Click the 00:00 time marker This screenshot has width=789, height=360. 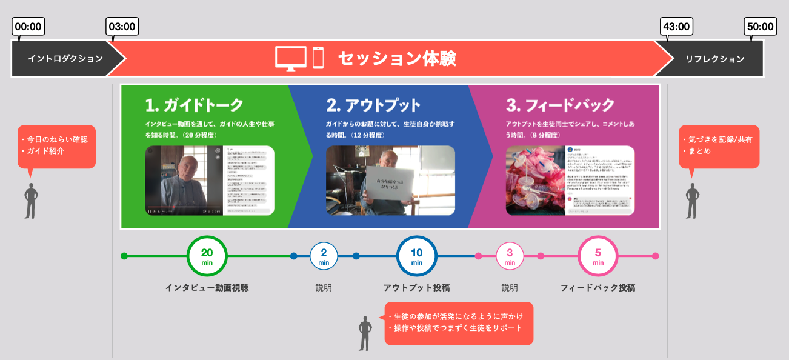(28, 27)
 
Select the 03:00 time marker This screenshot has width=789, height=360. (122, 27)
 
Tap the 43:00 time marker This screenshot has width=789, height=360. (676, 27)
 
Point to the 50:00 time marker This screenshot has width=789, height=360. (760, 27)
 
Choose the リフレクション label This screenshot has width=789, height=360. (715, 59)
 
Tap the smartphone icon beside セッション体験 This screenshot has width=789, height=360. (318, 58)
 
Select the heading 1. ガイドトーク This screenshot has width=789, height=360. (194, 105)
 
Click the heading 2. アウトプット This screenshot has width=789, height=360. (373, 105)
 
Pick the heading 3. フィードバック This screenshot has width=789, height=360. (561, 105)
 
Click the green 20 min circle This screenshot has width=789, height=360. (207, 256)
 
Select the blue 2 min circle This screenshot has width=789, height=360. (324, 256)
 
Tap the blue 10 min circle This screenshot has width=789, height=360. (417, 256)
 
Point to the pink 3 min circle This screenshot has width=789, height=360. (510, 256)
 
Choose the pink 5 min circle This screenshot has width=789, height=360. (598, 256)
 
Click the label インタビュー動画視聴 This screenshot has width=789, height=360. (207, 288)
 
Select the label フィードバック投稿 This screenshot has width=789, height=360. (598, 288)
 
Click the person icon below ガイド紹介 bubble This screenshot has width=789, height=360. (30, 201)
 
